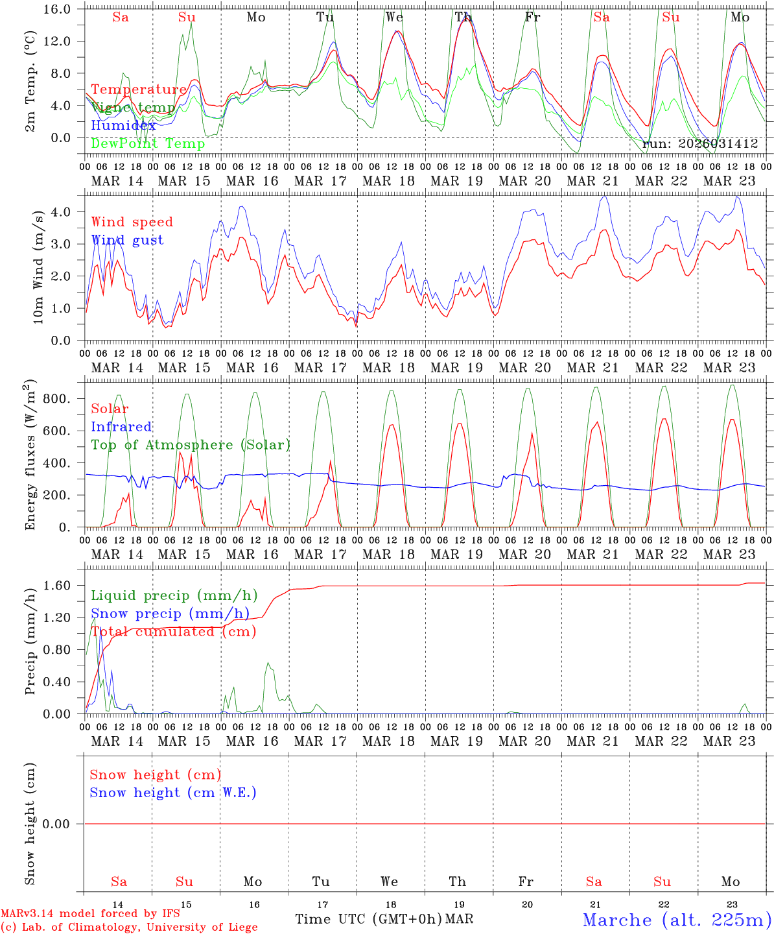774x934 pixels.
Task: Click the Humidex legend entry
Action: click(x=124, y=125)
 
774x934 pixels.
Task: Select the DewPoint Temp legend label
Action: click(x=148, y=143)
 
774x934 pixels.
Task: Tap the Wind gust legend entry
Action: click(x=127, y=240)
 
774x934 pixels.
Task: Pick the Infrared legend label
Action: click(x=121, y=427)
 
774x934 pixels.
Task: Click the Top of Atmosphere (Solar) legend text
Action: click(x=190, y=445)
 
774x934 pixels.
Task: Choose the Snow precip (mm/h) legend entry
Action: click(x=170, y=614)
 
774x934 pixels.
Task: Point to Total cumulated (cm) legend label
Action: click(x=173, y=632)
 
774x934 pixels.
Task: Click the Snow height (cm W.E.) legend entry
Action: click(x=173, y=793)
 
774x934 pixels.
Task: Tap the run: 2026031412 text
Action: click(x=700, y=144)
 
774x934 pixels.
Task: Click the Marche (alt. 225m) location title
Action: click(x=676, y=920)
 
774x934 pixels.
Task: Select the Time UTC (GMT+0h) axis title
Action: click(x=368, y=919)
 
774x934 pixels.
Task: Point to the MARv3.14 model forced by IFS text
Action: click(x=90, y=913)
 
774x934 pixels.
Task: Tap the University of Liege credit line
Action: click(x=129, y=927)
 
